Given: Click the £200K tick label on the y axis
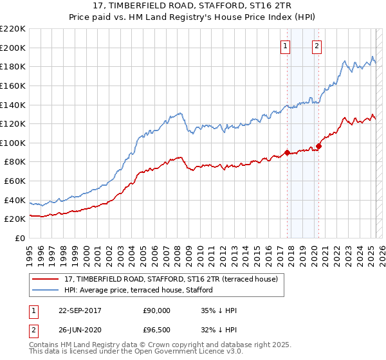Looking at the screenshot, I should coord(14,48).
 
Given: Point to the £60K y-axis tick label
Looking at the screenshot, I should coord(15,181).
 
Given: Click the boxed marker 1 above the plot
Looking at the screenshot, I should coord(285,46).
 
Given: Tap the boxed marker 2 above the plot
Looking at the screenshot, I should coord(317,46).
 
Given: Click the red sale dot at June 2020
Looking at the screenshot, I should coord(318,145).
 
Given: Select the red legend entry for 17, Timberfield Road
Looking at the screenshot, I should coord(171,279).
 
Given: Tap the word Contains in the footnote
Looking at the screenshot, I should coord(45,346).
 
